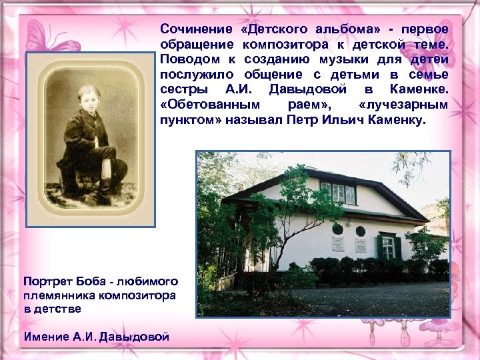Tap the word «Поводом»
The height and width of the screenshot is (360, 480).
point(185,59)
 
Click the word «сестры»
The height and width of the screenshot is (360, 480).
point(181,89)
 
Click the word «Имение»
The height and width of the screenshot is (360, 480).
point(45,336)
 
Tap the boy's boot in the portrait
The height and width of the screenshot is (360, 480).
point(105,193)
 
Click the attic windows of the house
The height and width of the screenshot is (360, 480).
point(339,193)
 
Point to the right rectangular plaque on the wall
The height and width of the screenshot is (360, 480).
point(361,245)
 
